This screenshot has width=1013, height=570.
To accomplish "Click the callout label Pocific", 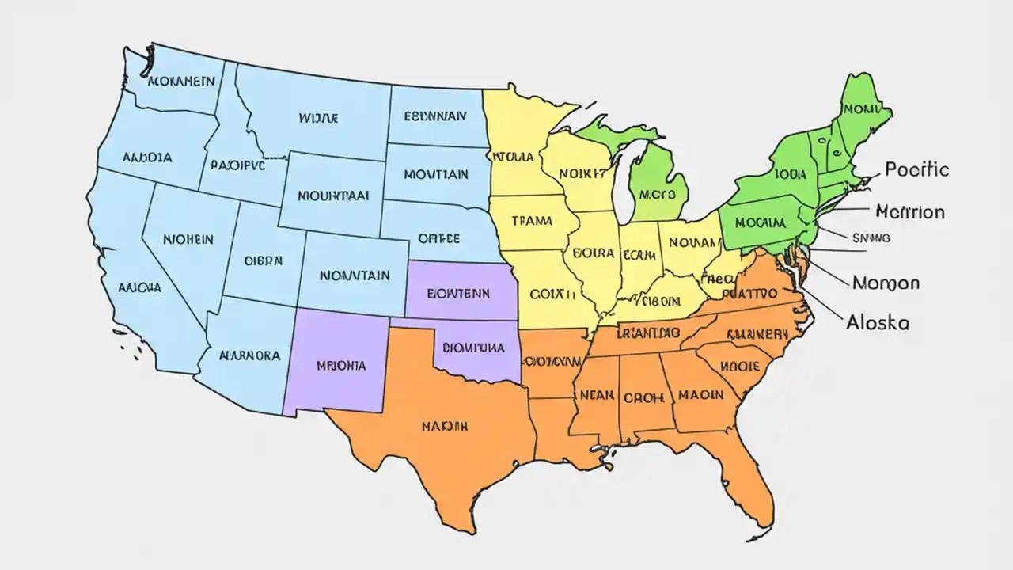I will (x=916, y=169).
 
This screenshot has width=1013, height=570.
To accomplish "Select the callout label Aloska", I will (x=878, y=322).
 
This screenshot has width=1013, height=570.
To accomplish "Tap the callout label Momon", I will (x=885, y=283).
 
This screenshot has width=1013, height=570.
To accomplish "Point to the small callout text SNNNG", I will (x=871, y=237).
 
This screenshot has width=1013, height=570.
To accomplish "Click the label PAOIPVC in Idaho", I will (x=237, y=165).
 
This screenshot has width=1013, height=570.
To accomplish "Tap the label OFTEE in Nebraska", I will (x=439, y=237).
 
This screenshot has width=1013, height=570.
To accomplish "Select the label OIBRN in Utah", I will (x=263, y=260).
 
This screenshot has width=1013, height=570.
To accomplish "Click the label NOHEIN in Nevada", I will (x=188, y=238).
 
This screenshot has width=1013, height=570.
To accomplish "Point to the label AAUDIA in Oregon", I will (x=146, y=158).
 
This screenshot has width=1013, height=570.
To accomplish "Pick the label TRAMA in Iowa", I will (x=532, y=222).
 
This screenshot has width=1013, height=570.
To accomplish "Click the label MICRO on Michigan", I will (x=658, y=194).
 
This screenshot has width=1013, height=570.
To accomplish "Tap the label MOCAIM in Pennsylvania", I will (x=760, y=223).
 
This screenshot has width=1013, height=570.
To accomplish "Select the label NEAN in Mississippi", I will (x=598, y=394).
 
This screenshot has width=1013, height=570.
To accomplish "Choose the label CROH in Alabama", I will (x=643, y=397).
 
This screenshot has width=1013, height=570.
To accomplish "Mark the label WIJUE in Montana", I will (x=318, y=118).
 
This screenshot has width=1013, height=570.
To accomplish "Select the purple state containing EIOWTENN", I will (x=458, y=292).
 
